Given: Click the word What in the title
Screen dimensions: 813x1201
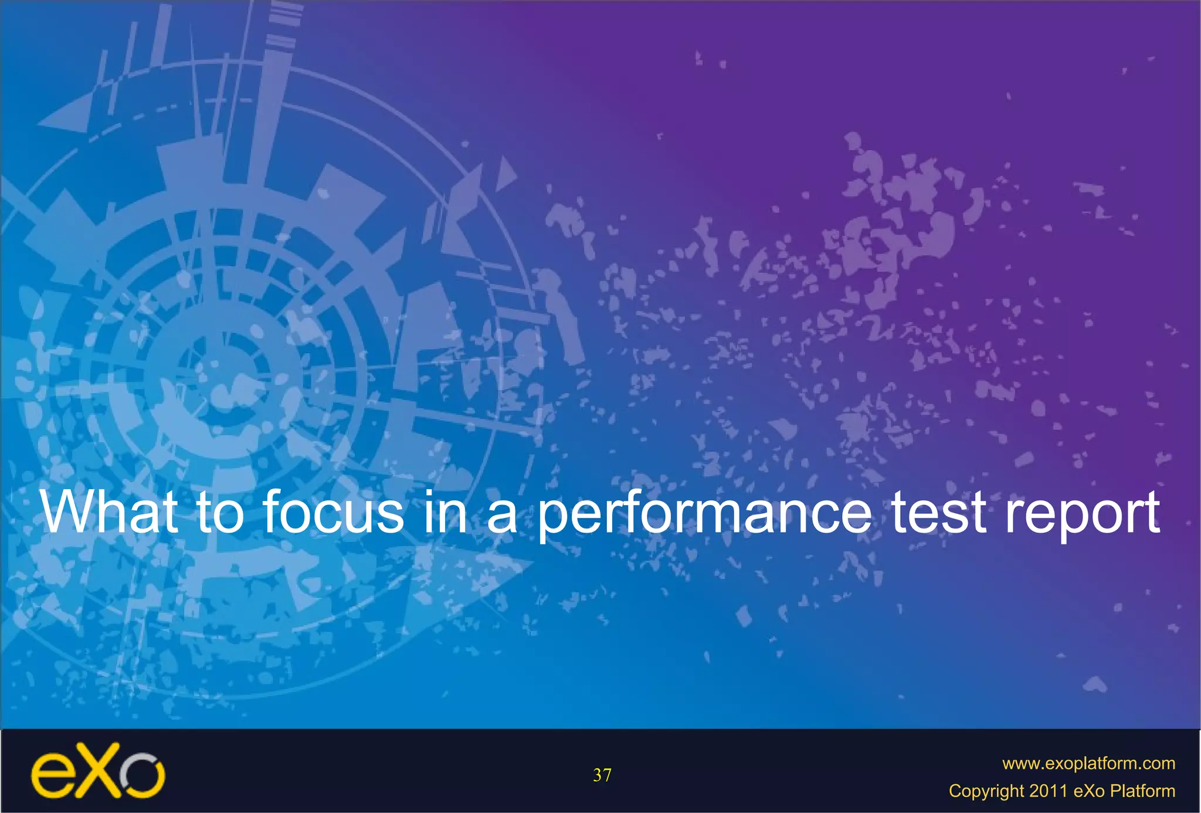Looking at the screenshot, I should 109,511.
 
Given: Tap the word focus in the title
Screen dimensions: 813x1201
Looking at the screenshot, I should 333,511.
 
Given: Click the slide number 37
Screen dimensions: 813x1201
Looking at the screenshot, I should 602,775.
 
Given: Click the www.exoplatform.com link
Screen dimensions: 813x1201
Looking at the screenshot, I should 1088,763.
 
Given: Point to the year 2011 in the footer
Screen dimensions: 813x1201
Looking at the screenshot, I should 1048,791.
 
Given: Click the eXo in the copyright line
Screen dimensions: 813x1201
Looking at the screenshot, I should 1089,791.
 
